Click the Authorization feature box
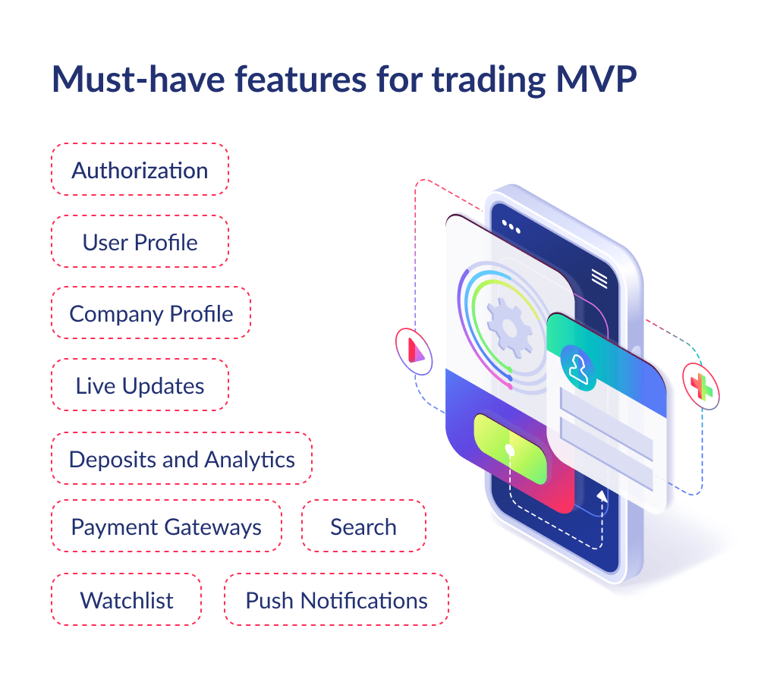point(140,170)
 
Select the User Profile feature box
point(140,242)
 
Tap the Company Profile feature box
point(151,313)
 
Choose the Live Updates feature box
point(140,385)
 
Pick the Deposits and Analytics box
point(181,459)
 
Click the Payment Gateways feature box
point(166,526)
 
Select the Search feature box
point(363,526)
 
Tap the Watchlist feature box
point(127,600)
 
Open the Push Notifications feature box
point(336,600)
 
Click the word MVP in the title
point(592,80)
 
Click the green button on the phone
point(510,448)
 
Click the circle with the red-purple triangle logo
point(414,350)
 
